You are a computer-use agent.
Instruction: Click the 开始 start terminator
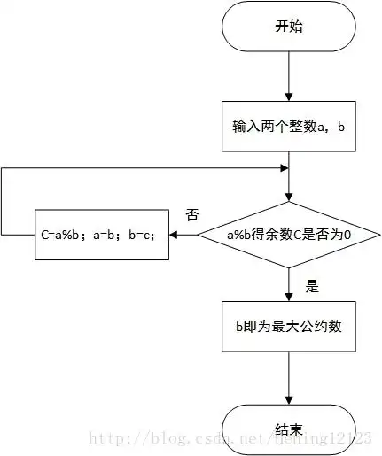[x=289, y=27]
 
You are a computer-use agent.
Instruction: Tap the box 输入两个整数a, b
[x=289, y=126]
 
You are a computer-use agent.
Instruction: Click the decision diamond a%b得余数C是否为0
[x=289, y=235]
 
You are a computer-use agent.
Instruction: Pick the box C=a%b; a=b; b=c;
[x=102, y=235]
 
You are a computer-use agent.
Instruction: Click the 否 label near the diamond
[x=191, y=215]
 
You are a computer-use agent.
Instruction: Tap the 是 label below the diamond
[x=311, y=286]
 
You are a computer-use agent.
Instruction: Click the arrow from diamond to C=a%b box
[x=183, y=235]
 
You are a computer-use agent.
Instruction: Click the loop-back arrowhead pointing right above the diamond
[x=283, y=168]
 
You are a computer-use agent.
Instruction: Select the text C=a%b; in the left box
[x=65, y=236]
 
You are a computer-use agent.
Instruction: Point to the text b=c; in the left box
[x=142, y=236]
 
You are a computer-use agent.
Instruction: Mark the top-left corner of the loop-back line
[x=2, y=168]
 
